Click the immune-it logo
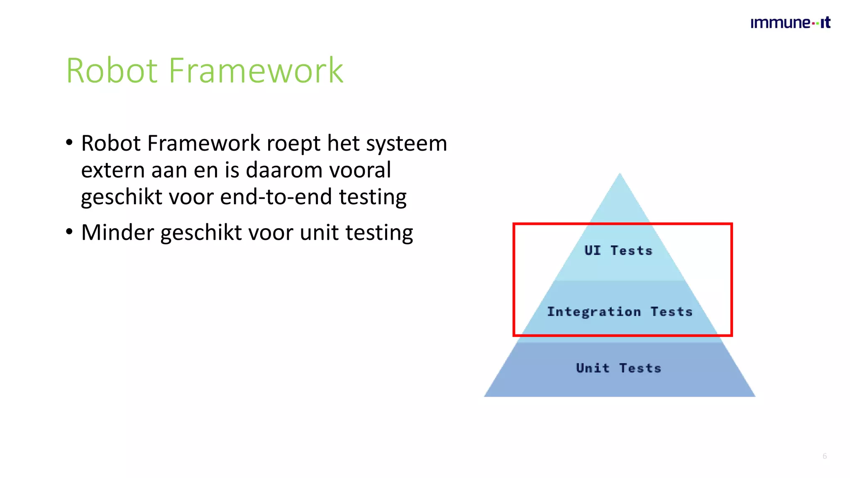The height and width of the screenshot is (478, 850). coord(790,23)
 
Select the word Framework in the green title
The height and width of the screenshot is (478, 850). coord(256,71)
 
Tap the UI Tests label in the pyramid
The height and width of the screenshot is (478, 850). coord(618,251)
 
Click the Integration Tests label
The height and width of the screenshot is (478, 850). coord(620,312)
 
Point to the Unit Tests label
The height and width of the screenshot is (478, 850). coord(618,368)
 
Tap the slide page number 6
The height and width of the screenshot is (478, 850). coord(825,456)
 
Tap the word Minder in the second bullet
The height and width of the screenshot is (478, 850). coord(117,232)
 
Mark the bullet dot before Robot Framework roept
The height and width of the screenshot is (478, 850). coord(69,142)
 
